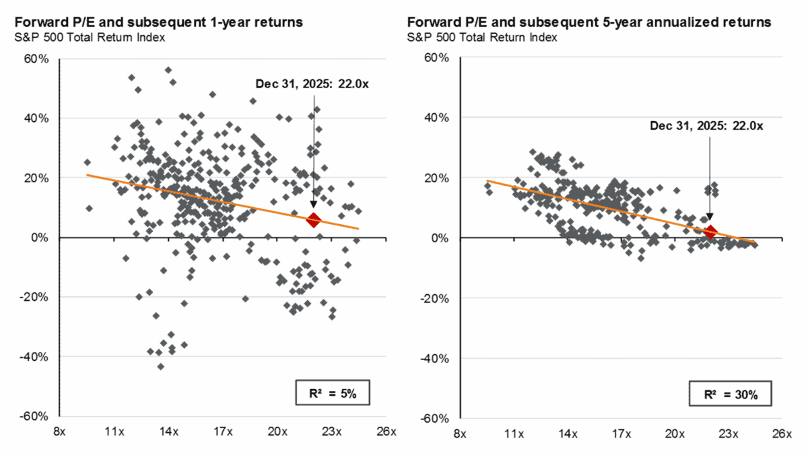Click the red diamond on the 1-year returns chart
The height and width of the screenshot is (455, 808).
(313, 219)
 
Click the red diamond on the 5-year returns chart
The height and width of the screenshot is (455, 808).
(709, 232)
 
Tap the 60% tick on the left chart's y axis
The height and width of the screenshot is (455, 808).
(38, 59)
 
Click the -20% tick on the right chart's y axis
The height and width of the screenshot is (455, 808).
(436, 297)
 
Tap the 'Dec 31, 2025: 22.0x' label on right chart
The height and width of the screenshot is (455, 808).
(707, 125)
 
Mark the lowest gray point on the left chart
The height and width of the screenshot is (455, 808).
(161, 367)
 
